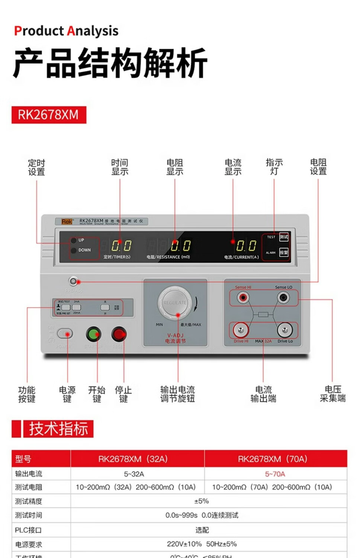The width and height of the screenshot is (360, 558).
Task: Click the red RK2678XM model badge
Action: (49, 115)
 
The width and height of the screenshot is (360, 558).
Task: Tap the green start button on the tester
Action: (93, 334)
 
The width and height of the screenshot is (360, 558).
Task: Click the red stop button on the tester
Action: (119, 334)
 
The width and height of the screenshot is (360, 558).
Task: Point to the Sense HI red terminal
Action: (243, 298)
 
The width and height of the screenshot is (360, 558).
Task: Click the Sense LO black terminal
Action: (283, 298)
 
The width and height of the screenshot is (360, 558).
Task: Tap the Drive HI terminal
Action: (241, 330)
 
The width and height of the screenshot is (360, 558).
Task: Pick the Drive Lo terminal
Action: (285, 330)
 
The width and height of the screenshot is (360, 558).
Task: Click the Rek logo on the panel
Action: (67, 222)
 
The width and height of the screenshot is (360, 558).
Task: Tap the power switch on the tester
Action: (65, 334)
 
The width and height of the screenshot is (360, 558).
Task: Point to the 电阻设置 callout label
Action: (318, 167)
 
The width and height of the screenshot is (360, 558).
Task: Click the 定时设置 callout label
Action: (36, 167)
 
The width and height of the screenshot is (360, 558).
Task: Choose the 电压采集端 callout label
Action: (332, 394)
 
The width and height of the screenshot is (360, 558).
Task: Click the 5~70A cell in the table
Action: (275, 474)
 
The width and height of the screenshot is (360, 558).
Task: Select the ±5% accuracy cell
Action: (202, 501)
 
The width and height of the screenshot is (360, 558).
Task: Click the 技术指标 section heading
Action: (58, 429)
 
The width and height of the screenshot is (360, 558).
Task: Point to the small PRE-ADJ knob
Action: (73, 281)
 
